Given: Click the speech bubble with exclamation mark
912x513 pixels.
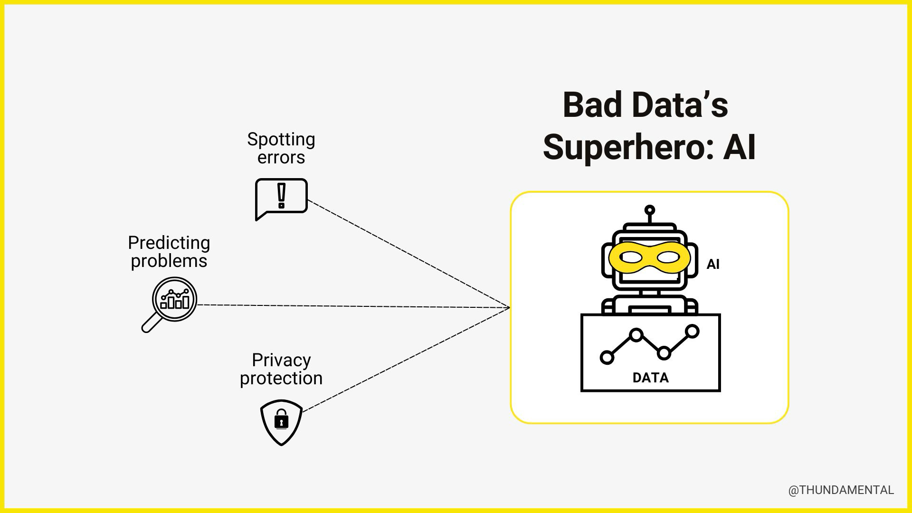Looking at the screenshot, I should tap(281, 197).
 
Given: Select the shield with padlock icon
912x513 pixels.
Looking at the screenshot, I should tap(281, 421).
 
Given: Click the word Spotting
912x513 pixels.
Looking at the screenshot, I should tap(281, 140).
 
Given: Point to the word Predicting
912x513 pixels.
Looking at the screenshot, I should tap(169, 243).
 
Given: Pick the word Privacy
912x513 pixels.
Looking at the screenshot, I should tap(281, 360).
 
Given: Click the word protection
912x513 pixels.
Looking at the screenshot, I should tap(281, 379).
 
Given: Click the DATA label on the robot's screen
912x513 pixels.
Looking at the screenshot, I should tap(650, 378).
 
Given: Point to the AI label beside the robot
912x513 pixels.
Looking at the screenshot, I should tap(712, 264).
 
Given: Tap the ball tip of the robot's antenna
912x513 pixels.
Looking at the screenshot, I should tap(650, 210).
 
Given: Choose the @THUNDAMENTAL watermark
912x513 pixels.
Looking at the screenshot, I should tap(841, 490).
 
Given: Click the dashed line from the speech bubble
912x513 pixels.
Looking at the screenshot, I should tap(408, 254).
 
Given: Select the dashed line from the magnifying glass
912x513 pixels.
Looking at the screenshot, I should tap(354, 306).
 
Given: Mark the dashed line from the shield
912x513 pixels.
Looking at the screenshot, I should tap(406, 360).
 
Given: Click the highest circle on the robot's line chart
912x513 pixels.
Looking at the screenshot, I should tap(693, 331).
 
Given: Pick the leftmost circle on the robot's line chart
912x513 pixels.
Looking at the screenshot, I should tap(607, 357).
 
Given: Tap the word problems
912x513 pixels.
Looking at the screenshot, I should tap(169, 261).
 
